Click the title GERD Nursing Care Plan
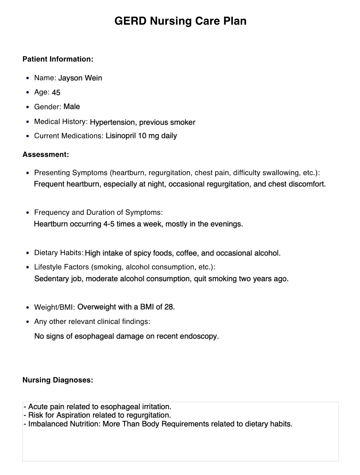click(x=180, y=21)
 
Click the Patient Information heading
click(x=58, y=59)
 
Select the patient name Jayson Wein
click(x=80, y=78)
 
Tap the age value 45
click(x=56, y=93)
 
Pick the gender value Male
click(x=72, y=107)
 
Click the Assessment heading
click(x=46, y=154)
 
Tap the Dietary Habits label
click(x=59, y=253)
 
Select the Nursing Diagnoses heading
click(x=58, y=380)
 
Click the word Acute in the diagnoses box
click(x=37, y=407)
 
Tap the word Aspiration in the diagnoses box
click(x=73, y=415)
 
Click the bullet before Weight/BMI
click(x=27, y=307)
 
